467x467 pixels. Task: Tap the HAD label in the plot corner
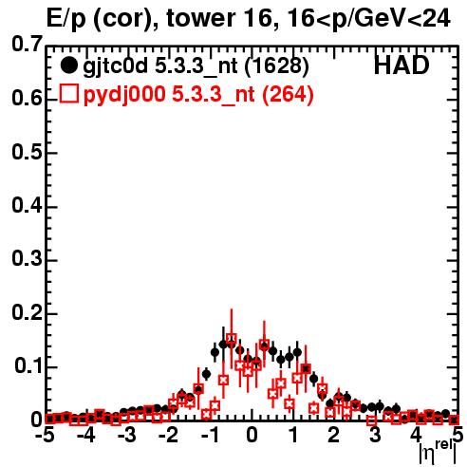(402, 65)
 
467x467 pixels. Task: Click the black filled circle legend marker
(68, 65)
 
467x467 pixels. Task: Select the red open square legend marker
(69, 94)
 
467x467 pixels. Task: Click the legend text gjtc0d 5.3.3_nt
(160, 67)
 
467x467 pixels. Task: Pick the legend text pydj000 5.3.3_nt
(169, 96)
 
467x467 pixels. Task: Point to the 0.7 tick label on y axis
(27, 44)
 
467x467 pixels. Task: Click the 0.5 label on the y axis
(27, 153)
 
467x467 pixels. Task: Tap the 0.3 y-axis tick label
(27, 259)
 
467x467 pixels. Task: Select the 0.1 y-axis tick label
(28, 366)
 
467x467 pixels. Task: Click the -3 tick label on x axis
(126, 435)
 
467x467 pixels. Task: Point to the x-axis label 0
(252, 435)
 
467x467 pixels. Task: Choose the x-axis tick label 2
(333, 435)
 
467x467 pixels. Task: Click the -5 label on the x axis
(46, 435)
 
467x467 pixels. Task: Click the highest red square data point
(232, 339)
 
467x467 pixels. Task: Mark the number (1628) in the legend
(277, 66)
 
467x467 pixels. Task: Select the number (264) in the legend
(288, 95)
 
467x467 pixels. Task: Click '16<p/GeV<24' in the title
(367, 19)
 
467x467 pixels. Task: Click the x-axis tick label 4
(416, 435)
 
